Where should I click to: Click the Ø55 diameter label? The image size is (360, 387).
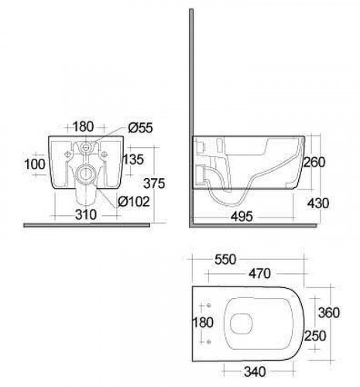(x=141, y=128)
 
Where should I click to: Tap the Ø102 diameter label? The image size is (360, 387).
(x=134, y=201)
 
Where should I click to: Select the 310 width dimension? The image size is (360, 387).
(x=86, y=214)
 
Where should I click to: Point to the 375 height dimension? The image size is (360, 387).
(x=154, y=183)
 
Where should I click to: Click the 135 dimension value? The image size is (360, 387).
(x=133, y=159)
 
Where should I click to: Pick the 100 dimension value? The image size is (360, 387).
(x=35, y=164)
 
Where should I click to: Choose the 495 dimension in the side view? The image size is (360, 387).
(x=242, y=217)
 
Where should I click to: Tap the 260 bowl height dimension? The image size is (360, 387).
(x=314, y=163)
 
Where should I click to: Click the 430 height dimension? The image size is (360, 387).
(x=318, y=204)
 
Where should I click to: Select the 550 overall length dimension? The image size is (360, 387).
(x=225, y=259)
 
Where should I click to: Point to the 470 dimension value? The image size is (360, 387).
(x=260, y=273)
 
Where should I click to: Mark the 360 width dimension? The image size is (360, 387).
(x=329, y=313)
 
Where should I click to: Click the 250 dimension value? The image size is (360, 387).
(x=315, y=336)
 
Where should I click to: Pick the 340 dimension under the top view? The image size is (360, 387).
(x=255, y=372)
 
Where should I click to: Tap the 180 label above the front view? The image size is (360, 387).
(x=84, y=127)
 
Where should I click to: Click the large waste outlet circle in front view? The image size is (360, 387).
(x=84, y=173)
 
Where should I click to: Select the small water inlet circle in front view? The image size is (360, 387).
(x=85, y=147)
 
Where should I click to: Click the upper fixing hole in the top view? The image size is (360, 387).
(x=209, y=306)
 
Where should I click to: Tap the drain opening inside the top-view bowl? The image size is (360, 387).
(x=241, y=324)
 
